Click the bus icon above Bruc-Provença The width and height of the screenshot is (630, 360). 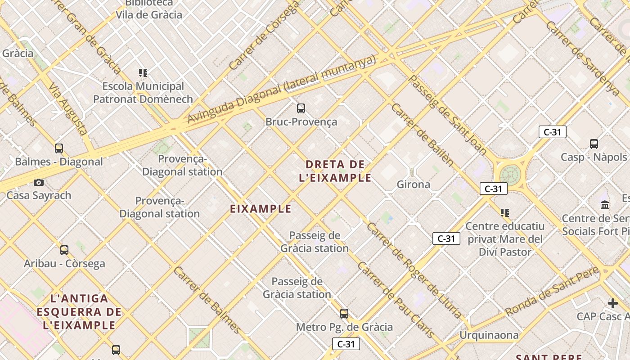click(301, 108)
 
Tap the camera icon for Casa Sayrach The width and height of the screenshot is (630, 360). click(39, 182)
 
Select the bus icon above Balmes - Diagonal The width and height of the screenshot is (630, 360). click(59, 148)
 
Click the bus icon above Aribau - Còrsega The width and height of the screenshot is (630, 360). click(64, 250)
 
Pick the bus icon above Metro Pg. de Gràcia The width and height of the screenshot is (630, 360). click(344, 314)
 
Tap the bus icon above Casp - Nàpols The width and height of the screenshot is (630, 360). click(594, 144)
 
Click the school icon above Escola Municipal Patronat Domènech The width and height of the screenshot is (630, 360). click(143, 73)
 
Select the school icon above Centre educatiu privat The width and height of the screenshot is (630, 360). click(505, 212)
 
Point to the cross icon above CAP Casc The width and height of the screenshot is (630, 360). click(612, 303)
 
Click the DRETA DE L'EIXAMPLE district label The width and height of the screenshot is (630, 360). click(335, 171)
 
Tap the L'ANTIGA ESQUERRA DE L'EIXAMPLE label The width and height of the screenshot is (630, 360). click(79, 312)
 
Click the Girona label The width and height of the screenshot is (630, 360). click(413, 184)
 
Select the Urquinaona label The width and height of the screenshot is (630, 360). click(489, 335)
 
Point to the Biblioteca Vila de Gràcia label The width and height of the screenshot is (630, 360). click(149, 9)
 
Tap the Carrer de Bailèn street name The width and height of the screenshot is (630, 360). click(422, 134)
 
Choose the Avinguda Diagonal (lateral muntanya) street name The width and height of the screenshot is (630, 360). click(281, 89)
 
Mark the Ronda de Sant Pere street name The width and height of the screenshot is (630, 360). click(552, 291)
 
